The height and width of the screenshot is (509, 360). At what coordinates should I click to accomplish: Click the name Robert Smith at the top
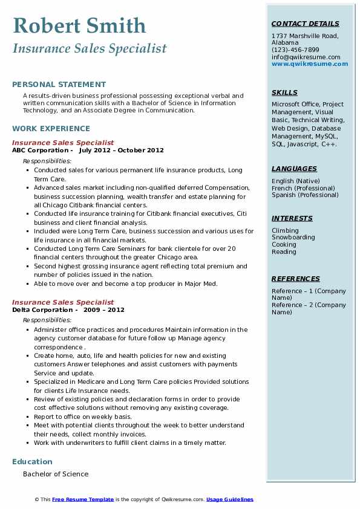pyautogui.click(x=79, y=25)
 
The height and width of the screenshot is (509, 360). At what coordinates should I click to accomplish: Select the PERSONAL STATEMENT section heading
pyautogui.click(x=59, y=85)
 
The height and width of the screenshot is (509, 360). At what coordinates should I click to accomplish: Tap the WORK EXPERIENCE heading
pyautogui.click(x=51, y=128)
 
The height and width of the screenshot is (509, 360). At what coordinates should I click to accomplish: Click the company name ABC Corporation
pyautogui.click(x=40, y=150)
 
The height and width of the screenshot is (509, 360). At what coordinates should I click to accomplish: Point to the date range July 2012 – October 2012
pyautogui.click(x=121, y=150)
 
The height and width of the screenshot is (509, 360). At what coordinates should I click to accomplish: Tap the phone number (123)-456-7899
pyautogui.click(x=295, y=50)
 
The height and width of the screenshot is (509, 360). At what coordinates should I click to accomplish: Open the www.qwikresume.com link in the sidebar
pyautogui.click(x=306, y=64)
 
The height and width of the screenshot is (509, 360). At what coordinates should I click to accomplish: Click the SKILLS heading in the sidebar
pyautogui.click(x=284, y=92)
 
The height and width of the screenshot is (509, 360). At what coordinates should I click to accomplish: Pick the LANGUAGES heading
pyautogui.click(x=294, y=169)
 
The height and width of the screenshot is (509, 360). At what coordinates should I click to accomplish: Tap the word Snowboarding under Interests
pyautogui.click(x=293, y=238)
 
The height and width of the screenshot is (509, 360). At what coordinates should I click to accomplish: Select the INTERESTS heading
pyautogui.click(x=292, y=218)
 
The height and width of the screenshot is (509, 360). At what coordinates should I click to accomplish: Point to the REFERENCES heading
pyautogui.click(x=295, y=279)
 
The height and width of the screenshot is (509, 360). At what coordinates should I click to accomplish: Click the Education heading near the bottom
pyautogui.click(x=33, y=462)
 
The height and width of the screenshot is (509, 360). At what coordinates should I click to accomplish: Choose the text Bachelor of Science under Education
pyautogui.click(x=56, y=474)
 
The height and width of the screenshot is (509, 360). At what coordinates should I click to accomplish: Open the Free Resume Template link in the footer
pyautogui.click(x=83, y=499)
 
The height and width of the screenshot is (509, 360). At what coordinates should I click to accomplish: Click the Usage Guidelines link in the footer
pyautogui.click(x=229, y=499)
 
